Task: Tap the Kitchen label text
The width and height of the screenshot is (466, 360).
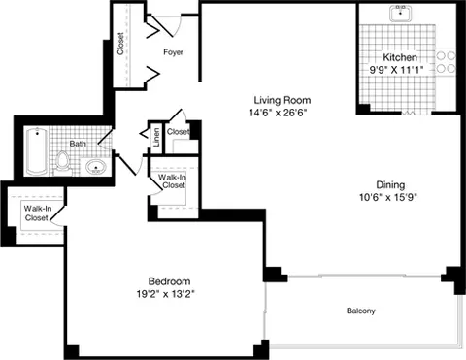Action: tap(400, 57)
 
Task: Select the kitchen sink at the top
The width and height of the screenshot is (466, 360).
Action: tap(400, 12)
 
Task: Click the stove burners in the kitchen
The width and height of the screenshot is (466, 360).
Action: tap(446, 61)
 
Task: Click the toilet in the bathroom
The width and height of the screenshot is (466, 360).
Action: tap(62, 159)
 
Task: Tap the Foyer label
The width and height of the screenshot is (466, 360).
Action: tap(174, 52)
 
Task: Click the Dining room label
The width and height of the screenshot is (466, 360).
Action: tap(392, 184)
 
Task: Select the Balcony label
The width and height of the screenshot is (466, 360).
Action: tap(360, 311)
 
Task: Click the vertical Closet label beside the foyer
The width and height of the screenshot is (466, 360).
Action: tap(120, 45)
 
